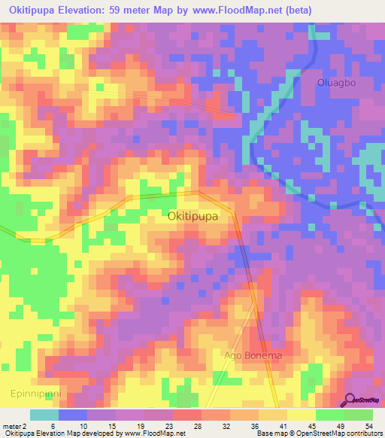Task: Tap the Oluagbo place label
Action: (335, 83)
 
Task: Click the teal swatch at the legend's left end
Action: (44, 415)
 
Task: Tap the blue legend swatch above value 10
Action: (73, 415)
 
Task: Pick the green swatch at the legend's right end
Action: (359, 415)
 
